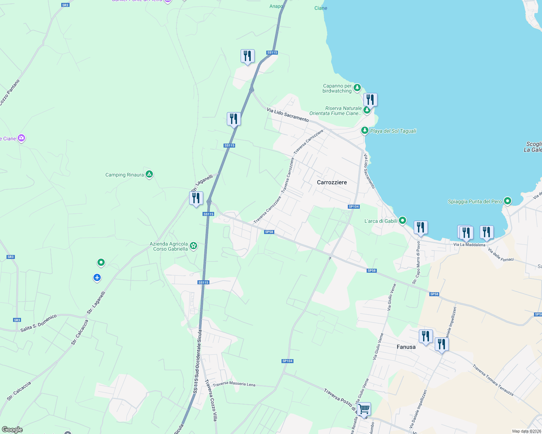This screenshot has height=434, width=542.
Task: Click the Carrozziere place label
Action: click(332, 182)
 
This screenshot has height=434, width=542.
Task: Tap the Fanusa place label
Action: click(406, 347)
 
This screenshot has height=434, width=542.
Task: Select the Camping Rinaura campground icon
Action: click(149, 175)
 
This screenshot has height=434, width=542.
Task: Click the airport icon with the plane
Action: click(97, 277)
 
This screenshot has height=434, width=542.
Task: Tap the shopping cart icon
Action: click(364, 409)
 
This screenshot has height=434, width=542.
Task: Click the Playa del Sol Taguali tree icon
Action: click(365, 131)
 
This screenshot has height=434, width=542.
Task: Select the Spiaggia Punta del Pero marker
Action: click(508, 201)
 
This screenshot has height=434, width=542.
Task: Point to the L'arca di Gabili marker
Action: click(403, 221)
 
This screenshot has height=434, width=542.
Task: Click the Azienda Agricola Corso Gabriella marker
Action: click(193, 246)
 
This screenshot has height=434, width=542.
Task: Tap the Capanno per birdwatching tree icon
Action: click(357, 88)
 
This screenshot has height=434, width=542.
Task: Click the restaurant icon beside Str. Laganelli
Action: click(196, 198)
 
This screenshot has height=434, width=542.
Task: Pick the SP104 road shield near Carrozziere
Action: click(353, 207)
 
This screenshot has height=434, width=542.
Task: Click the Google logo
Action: click(12, 429)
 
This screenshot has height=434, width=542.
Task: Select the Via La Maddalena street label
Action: click(469, 245)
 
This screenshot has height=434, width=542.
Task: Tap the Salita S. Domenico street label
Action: click(38, 323)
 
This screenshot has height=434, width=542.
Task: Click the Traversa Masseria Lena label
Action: click(234, 384)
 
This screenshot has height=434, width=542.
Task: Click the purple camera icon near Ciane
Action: click(21, 138)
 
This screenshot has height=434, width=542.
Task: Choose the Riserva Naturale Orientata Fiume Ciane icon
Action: click(367, 110)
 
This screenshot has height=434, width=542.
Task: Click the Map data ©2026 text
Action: click(526, 431)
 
